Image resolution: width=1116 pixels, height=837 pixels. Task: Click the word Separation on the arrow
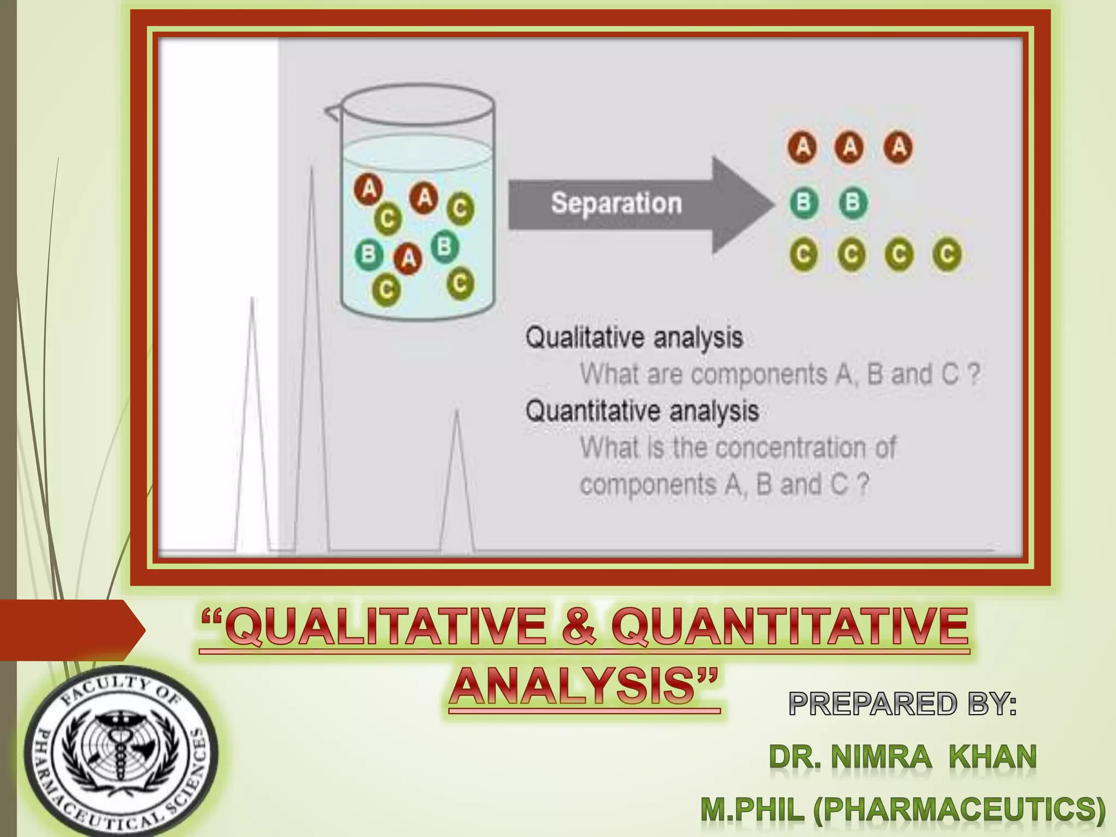[616, 204]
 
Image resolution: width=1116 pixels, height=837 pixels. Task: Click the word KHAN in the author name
[992, 757]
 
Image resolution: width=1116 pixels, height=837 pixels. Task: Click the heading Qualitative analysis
[634, 338]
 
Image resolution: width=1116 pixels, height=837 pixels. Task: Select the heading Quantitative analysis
[642, 411]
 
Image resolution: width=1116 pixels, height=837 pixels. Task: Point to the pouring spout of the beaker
[331, 112]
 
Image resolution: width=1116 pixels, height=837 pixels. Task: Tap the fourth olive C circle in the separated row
[947, 254]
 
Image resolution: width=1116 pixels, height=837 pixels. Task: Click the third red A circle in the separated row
[899, 147]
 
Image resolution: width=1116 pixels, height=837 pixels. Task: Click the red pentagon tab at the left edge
[71, 630]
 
